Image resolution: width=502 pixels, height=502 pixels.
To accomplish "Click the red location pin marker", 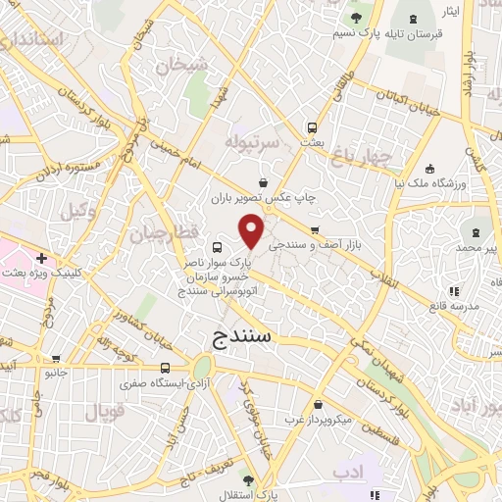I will coord(252,231).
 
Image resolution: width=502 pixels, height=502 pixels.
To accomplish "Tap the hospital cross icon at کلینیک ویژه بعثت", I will coord(40,256).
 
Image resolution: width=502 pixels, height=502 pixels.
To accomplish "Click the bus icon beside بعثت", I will coord(312,126).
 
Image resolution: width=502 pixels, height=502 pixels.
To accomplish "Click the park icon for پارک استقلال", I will coord(248,480).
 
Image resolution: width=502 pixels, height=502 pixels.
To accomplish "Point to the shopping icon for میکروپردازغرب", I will coord(318,405).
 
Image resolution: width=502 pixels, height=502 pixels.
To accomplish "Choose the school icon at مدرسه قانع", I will coord(453,291).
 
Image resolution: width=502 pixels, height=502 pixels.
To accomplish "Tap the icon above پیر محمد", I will coord(476,232).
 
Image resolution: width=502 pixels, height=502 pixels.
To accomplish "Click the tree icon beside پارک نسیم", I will coord(355,18).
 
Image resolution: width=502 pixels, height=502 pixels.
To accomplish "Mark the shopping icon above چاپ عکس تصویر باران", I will coord(263,182).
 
